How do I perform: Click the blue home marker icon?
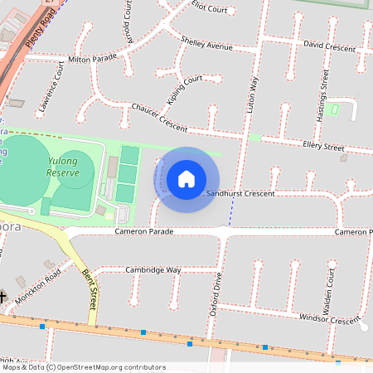click(x=186, y=178)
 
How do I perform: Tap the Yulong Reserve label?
click(x=63, y=167)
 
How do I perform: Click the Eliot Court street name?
click(x=209, y=8)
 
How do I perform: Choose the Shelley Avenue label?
click(x=206, y=43)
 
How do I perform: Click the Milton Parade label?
click(x=93, y=60)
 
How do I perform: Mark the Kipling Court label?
click(x=184, y=89)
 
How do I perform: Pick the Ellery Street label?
click(x=323, y=147)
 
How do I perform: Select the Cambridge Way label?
click(x=153, y=270)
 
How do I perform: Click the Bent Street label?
click(x=89, y=285)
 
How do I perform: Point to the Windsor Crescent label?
click(x=330, y=317)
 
